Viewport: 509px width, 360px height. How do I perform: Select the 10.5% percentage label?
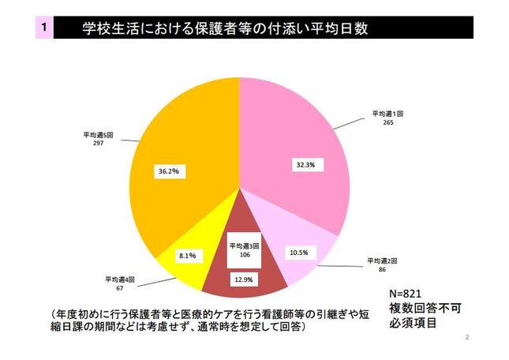tap(299, 253)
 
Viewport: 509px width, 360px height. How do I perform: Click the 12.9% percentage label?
tap(242, 280)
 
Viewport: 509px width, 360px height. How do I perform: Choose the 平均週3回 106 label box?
tap(241, 250)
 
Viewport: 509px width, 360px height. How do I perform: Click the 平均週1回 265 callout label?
tap(388, 118)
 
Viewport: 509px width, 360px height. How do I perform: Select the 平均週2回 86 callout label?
tap(383, 264)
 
